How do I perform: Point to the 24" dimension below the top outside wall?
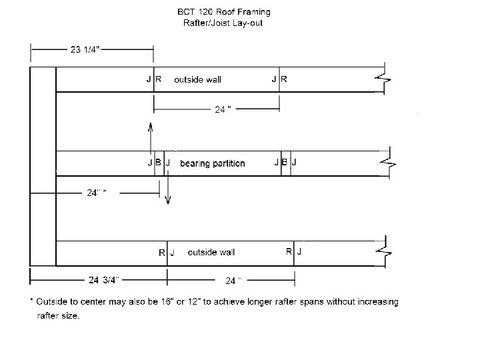223,110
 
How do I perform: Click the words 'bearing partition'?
212,163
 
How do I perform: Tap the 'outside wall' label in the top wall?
197,79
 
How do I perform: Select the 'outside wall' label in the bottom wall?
211,253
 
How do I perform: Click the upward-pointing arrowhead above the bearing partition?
151,126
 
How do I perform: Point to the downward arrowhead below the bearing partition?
167,199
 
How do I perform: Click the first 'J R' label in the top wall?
153,79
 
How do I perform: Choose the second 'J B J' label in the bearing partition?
286,163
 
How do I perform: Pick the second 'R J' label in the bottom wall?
294,252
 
